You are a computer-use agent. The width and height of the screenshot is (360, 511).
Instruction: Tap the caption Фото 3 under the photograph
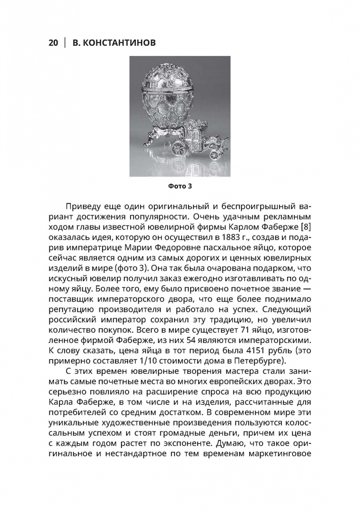point(180,186)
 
